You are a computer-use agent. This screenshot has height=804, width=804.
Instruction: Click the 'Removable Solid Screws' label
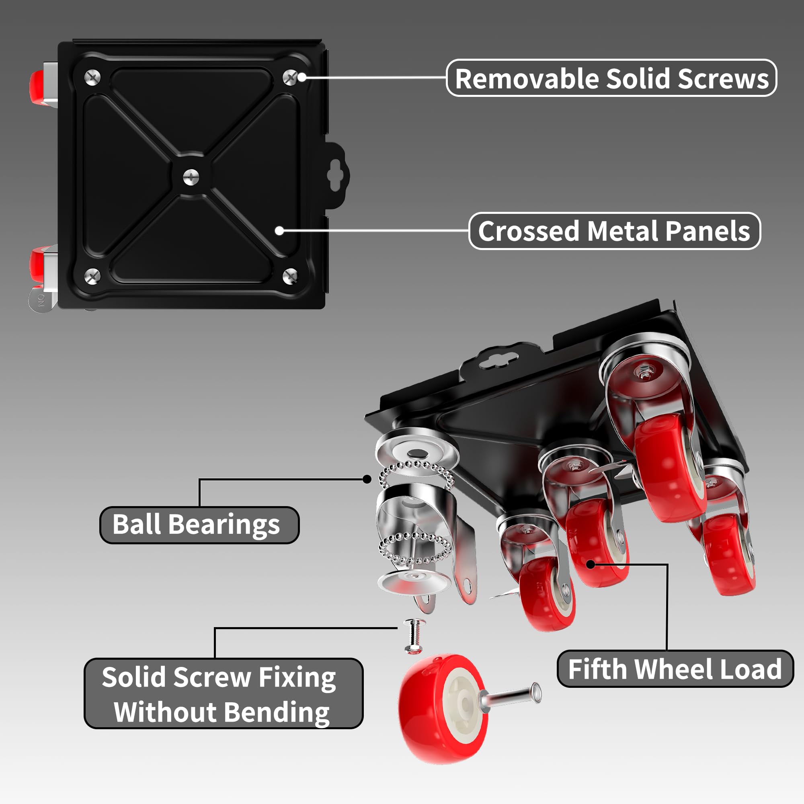(x=611, y=78)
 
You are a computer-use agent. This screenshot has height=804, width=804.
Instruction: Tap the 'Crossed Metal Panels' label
(x=614, y=231)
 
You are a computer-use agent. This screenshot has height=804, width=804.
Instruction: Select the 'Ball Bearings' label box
(x=199, y=525)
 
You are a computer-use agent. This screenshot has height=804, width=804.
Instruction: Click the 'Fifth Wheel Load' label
(x=675, y=669)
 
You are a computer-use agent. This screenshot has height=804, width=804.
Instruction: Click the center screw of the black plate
(x=191, y=177)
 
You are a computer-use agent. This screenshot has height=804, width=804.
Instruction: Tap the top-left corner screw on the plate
(x=92, y=78)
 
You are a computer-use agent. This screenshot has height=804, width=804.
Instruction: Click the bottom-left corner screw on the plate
(x=92, y=276)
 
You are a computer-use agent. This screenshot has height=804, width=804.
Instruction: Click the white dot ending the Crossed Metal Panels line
(x=280, y=230)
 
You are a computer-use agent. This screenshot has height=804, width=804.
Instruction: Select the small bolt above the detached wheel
(x=414, y=635)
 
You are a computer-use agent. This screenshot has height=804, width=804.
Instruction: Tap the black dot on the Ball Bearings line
(x=367, y=480)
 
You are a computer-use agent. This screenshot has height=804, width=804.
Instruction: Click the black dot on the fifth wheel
(x=591, y=564)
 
